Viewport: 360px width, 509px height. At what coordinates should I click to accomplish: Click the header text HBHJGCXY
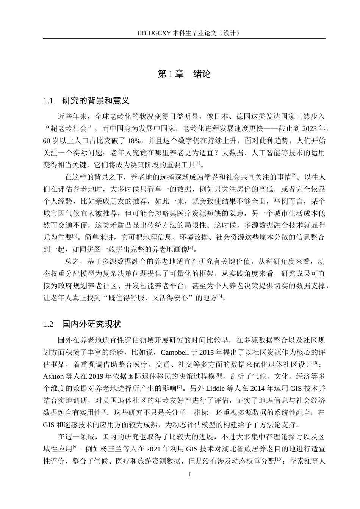click(154, 33)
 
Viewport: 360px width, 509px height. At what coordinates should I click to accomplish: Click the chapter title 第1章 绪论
click(184, 74)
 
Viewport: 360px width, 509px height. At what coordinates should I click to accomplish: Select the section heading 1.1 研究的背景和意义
click(86, 101)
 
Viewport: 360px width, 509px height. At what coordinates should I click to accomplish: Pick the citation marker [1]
click(197, 163)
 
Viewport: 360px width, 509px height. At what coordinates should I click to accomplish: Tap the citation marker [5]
click(219, 297)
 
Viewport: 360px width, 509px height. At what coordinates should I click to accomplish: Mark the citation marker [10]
click(279, 459)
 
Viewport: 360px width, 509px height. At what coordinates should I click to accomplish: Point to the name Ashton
click(54, 376)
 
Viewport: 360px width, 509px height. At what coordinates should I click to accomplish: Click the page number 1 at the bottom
click(190, 475)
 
